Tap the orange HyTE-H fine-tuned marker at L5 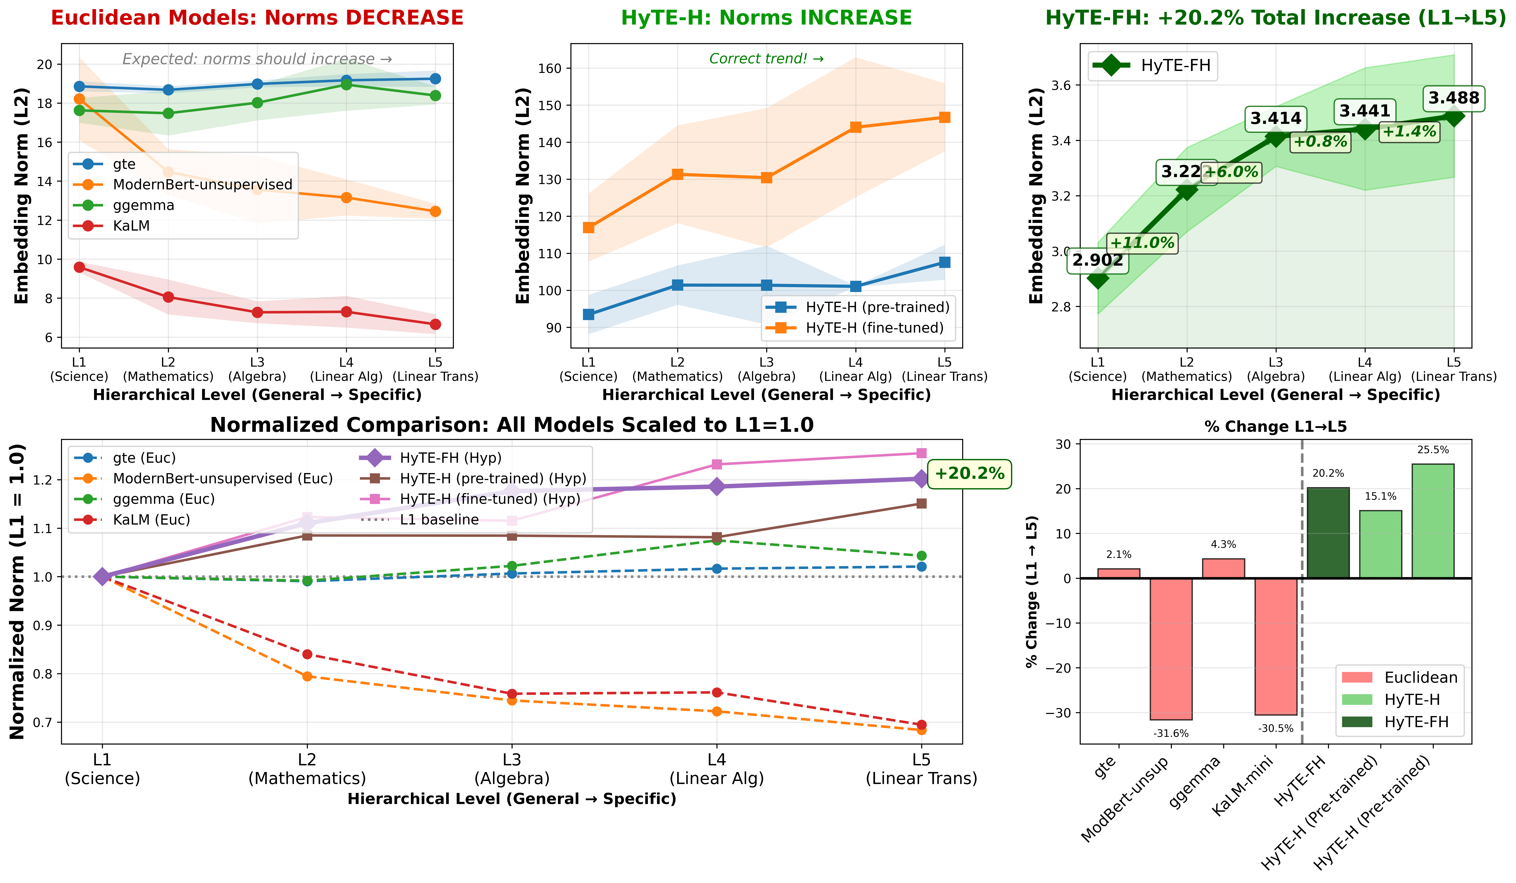point(945,117)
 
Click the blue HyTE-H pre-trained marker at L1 point(588,315)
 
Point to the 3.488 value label point(1453,98)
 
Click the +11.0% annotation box point(1141,243)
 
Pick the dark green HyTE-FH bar point(1328,533)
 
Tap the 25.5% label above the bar point(1433,450)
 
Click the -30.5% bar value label point(1275,728)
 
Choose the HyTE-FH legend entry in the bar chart point(1416,722)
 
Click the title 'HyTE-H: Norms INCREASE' point(766,18)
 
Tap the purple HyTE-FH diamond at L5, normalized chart point(921,479)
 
